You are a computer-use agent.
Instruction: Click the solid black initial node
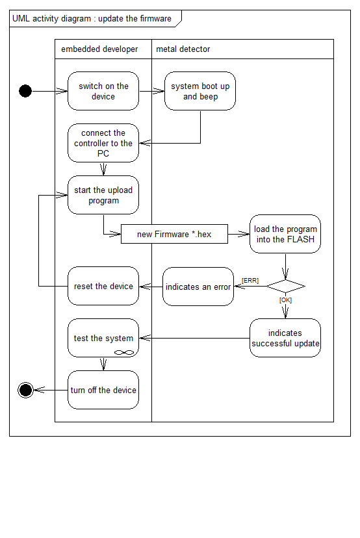click(25, 91)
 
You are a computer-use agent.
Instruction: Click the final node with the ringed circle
click(26, 390)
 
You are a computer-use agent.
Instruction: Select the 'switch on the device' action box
click(103, 91)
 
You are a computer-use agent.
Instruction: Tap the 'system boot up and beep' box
click(200, 91)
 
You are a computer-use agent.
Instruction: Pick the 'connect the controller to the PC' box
click(103, 143)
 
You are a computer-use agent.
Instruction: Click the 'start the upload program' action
click(103, 195)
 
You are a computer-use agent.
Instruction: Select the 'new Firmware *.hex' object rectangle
click(174, 234)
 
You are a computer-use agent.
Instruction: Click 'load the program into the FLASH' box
click(285, 234)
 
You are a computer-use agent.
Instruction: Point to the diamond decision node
click(285, 286)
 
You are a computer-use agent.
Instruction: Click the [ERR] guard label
click(250, 281)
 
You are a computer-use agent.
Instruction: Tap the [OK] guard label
click(285, 300)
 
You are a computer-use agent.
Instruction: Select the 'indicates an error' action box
click(198, 287)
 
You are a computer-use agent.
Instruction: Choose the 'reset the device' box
click(103, 286)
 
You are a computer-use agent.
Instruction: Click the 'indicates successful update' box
click(285, 338)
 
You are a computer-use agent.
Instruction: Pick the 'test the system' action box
click(103, 338)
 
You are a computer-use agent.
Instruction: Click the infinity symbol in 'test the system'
click(123, 352)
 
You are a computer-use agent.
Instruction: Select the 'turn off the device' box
click(103, 390)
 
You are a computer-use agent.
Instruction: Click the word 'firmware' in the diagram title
click(156, 19)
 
